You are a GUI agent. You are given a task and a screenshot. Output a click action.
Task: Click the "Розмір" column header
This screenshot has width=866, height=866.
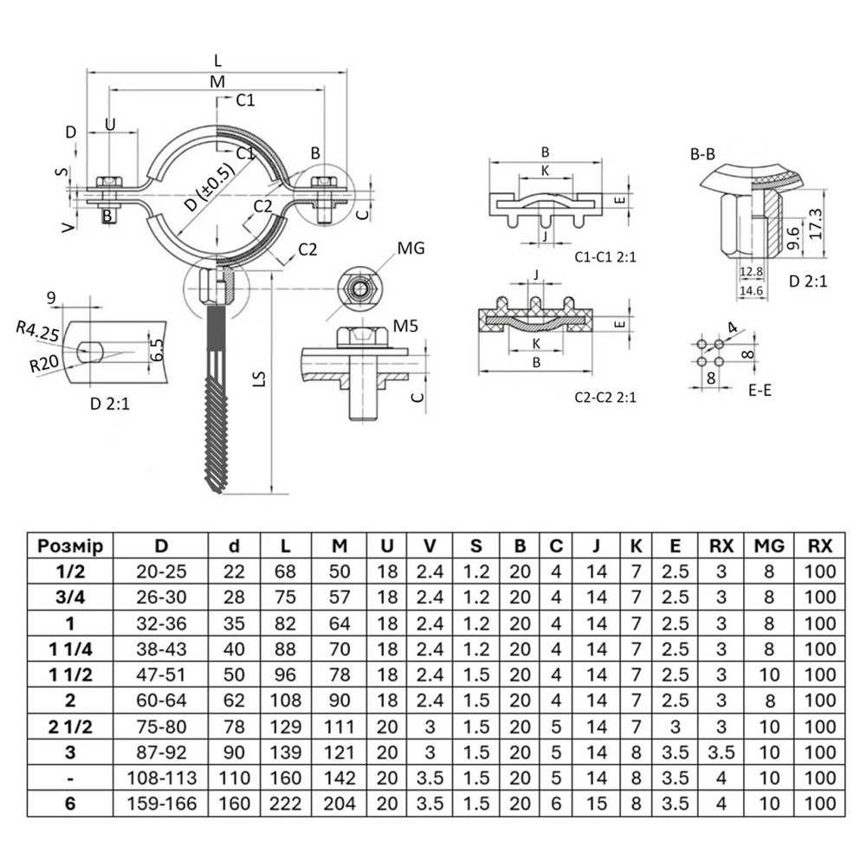70,546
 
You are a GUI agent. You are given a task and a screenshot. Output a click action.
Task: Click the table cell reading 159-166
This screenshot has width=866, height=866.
161,803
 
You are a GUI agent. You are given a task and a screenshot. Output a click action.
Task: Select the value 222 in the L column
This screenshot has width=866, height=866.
285,803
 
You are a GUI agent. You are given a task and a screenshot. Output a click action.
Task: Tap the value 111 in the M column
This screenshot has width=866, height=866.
339,725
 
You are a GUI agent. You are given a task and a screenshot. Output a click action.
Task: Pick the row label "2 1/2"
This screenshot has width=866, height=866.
70,725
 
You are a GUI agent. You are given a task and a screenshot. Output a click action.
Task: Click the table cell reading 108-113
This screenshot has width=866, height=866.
161,777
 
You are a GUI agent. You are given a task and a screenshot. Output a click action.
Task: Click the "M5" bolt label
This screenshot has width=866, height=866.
405,325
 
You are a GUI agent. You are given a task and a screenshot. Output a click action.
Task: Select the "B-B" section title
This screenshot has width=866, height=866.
702,155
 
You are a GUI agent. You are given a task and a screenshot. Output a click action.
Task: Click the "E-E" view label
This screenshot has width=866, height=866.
759,391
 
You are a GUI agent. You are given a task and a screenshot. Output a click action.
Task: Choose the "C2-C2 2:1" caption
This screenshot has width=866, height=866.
605,397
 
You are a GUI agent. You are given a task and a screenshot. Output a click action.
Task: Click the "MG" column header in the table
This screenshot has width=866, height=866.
769,546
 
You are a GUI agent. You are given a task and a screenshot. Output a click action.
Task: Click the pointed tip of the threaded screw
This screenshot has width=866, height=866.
217,488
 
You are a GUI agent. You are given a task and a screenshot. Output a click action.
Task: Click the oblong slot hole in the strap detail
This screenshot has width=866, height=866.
91,351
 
